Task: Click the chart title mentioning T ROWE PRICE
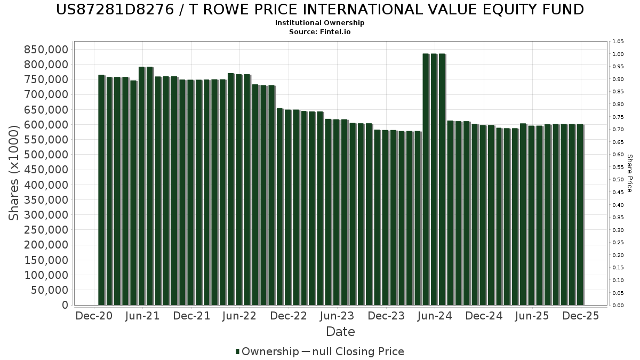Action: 320,10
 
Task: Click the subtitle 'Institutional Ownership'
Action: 320,23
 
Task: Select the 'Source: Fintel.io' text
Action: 320,32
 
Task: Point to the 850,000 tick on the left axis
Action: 46,49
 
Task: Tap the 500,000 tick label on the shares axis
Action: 46,155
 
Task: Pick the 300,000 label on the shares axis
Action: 46,215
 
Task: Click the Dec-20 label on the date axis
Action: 94,316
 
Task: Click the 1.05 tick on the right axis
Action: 618,42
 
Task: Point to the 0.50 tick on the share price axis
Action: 618,180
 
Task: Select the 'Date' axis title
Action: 340,332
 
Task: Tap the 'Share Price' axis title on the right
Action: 629,173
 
